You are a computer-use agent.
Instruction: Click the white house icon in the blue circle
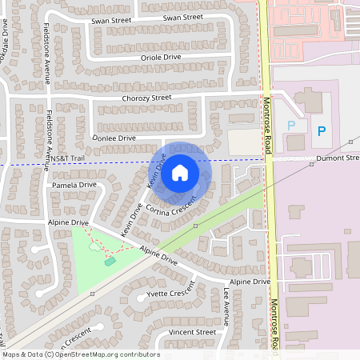[x=180, y=172]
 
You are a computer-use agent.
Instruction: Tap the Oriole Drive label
[x=161, y=58]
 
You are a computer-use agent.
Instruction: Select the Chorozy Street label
[x=146, y=98]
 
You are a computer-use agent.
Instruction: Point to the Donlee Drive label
[x=114, y=138]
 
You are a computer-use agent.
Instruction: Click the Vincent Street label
[x=192, y=332]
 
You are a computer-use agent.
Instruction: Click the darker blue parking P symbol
[x=322, y=130]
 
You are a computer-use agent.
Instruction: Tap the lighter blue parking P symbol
[x=291, y=125]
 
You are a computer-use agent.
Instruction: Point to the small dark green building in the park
[x=110, y=261]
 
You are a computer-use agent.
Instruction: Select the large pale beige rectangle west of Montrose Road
[x=245, y=142]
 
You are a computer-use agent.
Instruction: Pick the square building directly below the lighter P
[x=295, y=142]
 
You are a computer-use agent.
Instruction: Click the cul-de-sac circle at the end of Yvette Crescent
[x=142, y=297]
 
